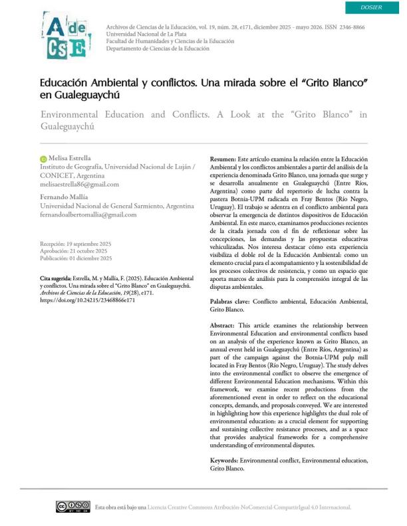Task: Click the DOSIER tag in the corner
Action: tap(370, 7)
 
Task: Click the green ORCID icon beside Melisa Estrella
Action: tap(43, 159)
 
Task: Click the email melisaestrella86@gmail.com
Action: tap(80, 184)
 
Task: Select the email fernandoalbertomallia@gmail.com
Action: tap(88, 215)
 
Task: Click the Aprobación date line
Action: tap(73, 251)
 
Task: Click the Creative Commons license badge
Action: tap(72, 507)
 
